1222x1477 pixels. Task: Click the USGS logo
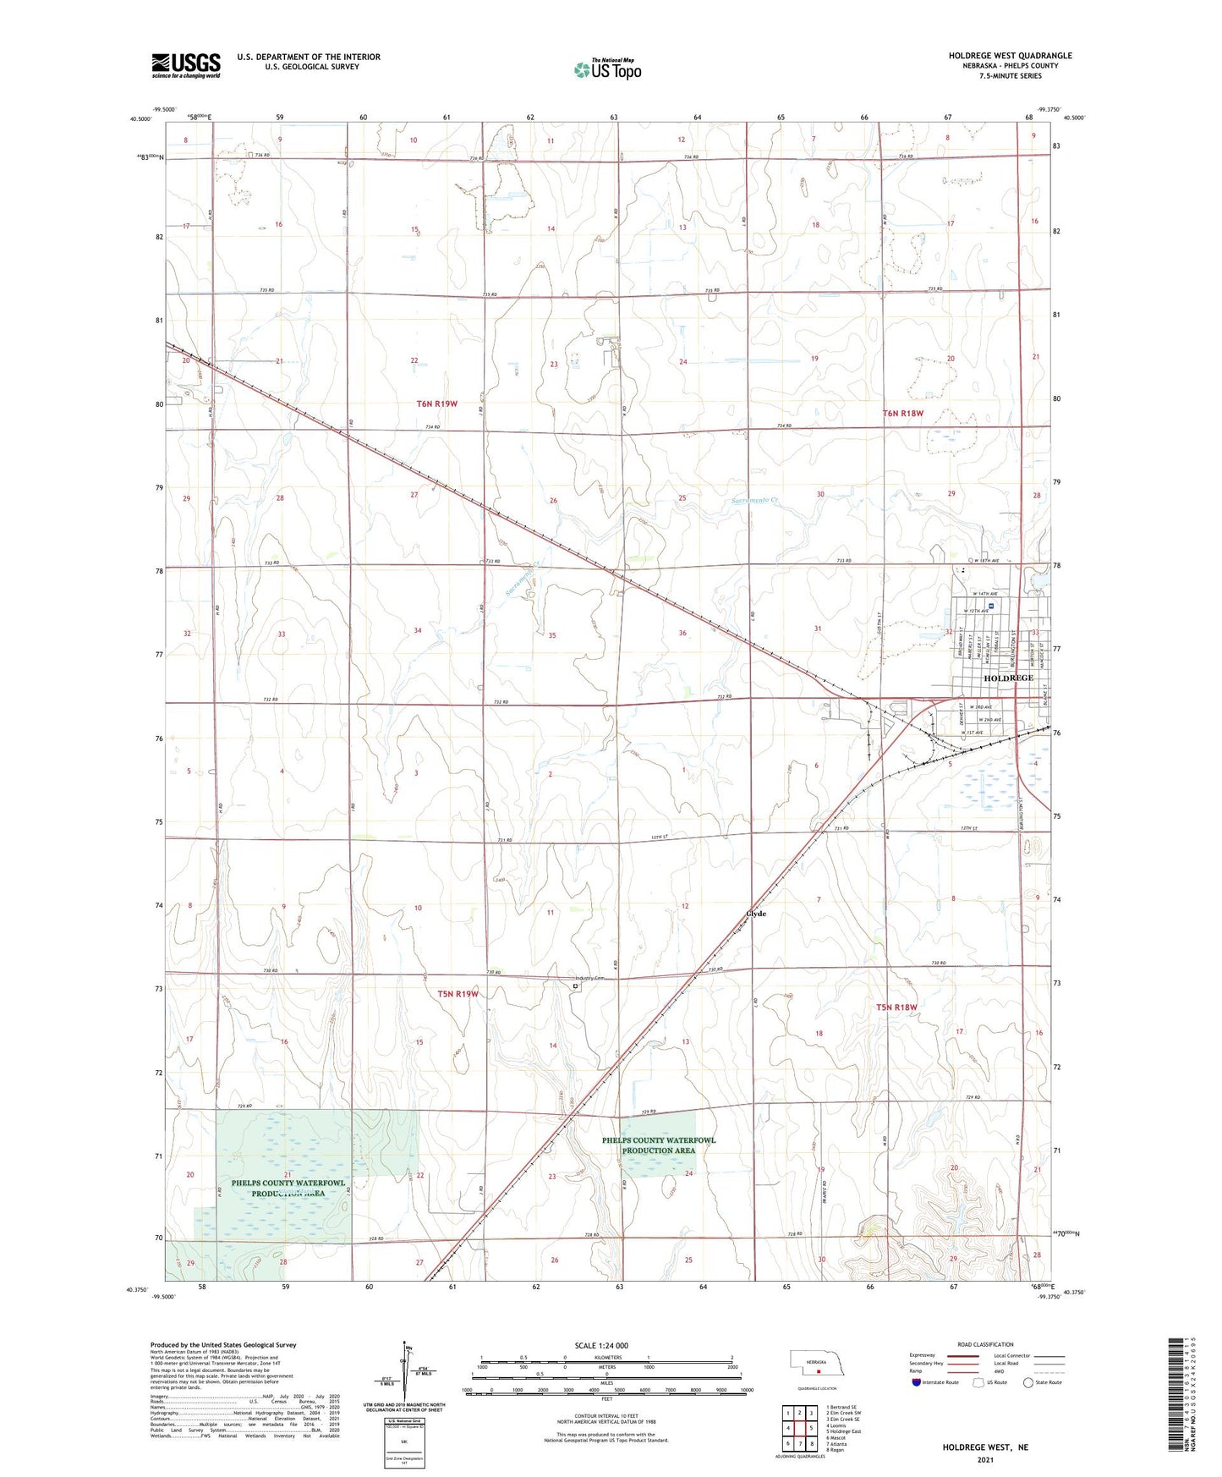185,64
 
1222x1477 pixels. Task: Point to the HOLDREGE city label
1008,678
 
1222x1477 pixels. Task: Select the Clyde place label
755,914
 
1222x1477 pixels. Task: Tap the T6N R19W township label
436,404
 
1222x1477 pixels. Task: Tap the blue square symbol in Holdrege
991,606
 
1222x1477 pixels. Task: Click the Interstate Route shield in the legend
917,1382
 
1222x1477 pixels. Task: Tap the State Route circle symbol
1028,1382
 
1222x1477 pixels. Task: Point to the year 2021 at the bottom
984,1459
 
